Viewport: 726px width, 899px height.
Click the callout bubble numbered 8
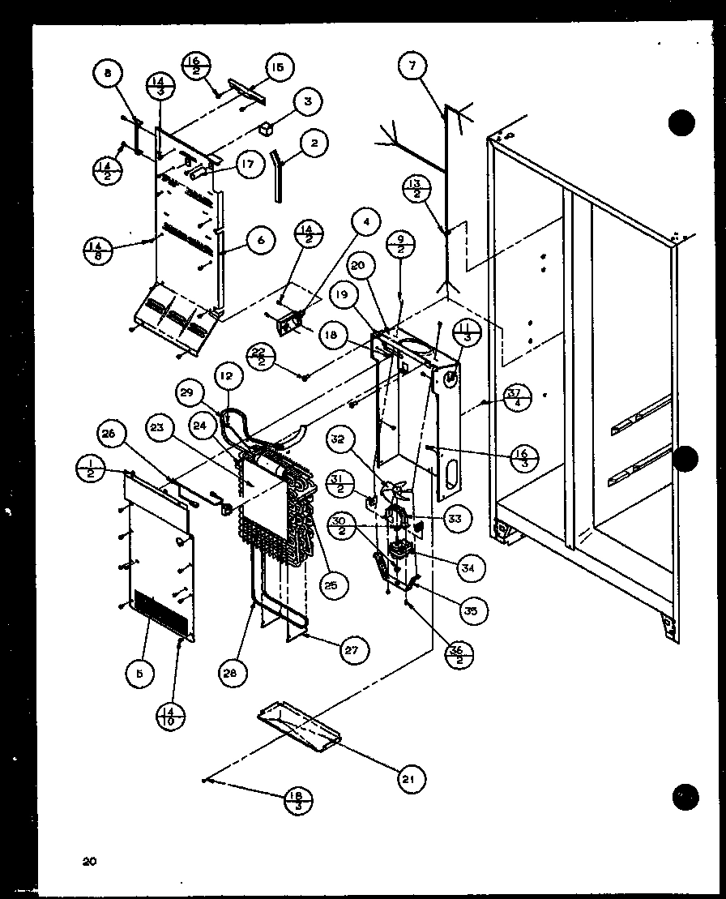coord(108,74)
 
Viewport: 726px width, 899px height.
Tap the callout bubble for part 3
coord(307,102)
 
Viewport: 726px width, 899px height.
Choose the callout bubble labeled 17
coord(247,165)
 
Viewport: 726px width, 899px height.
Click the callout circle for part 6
coord(260,239)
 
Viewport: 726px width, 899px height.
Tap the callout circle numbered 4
coord(367,221)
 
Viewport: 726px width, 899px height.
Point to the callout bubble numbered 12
coord(228,375)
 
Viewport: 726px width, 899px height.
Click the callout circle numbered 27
coord(354,649)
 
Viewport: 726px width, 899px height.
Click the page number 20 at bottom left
coord(89,862)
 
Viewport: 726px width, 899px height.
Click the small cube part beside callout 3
coord(266,127)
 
